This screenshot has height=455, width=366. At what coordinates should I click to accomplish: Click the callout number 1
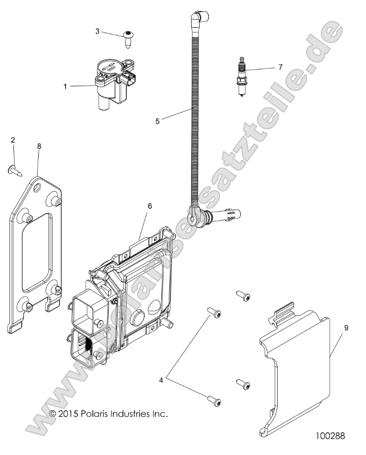[65, 86]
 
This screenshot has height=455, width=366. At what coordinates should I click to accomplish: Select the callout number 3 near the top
[98, 31]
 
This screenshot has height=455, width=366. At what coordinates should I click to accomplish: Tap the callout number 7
[280, 66]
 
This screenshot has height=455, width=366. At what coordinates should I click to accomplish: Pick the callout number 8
[39, 146]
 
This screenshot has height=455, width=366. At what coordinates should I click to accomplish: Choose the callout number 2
[13, 140]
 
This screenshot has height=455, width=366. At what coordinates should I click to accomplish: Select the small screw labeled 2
[14, 171]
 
